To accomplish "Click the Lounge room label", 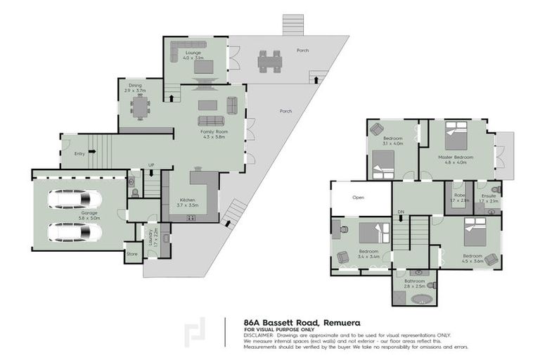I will tap(193, 53).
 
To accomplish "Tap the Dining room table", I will tap(141, 107).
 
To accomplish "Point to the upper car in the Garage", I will tap(75, 200).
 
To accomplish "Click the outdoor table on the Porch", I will tap(267, 63).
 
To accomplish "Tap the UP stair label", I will tap(151, 165).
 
